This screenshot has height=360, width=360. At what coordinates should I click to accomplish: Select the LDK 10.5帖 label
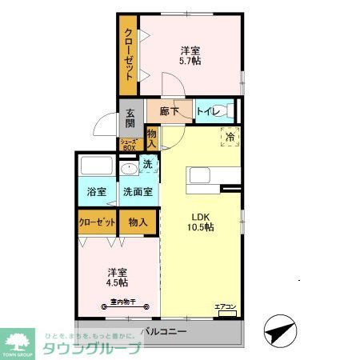tap(201, 222)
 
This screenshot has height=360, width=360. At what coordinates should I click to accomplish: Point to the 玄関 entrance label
tap(130, 118)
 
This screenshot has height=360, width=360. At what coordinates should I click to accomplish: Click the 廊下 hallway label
tap(168, 112)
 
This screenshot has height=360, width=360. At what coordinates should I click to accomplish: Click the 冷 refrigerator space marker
tap(230, 137)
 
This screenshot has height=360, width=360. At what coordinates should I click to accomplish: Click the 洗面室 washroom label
tap(138, 192)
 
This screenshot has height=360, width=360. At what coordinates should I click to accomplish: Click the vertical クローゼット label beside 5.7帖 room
tap(128, 53)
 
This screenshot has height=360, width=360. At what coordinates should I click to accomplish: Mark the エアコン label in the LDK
tap(226, 306)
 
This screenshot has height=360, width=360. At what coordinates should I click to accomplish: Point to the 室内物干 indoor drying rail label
tap(118, 302)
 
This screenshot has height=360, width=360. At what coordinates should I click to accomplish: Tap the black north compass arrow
tap(276, 330)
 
